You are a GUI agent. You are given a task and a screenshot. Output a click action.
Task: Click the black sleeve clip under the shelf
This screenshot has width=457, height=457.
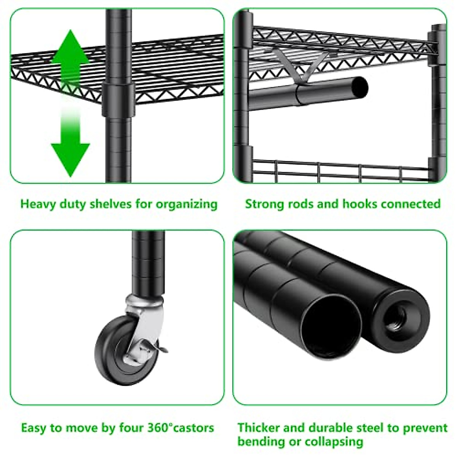(x=118, y=100)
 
